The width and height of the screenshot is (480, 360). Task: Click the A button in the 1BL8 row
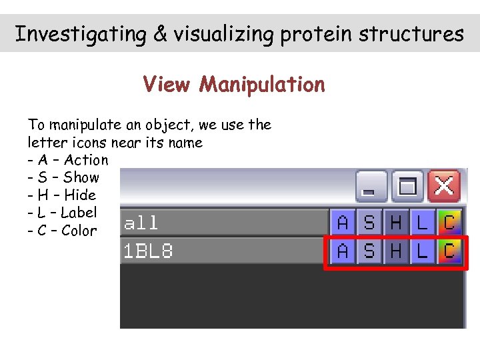pyautogui.click(x=343, y=251)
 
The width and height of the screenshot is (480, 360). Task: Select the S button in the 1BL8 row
pyautogui.click(x=369, y=251)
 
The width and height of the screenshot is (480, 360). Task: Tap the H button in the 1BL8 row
pyautogui.click(x=396, y=251)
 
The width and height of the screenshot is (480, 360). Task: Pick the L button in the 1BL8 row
pyautogui.click(x=422, y=251)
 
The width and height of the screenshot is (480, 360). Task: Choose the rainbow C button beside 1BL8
pyautogui.click(x=449, y=251)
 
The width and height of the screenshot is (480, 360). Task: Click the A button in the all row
pyautogui.click(x=343, y=222)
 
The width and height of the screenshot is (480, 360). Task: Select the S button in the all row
pyautogui.click(x=369, y=222)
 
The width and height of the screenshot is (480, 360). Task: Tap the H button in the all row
pyautogui.click(x=396, y=222)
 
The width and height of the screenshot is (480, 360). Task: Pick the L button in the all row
pyautogui.click(x=422, y=222)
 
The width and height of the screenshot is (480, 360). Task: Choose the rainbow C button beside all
pyautogui.click(x=449, y=222)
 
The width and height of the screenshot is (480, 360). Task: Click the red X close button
pyautogui.click(x=444, y=186)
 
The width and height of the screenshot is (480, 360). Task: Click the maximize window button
pyautogui.click(x=407, y=186)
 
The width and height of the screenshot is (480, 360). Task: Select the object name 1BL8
pyautogui.click(x=148, y=251)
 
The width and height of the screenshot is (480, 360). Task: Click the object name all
pyautogui.click(x=141, y=223)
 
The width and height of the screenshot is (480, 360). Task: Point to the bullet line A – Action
pyautogui.click(x=67, y=160)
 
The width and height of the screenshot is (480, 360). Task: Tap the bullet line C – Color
pyautogui.click(x=62, y=231)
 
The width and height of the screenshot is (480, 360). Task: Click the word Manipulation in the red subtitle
pyautogui.click(x=262, y=85)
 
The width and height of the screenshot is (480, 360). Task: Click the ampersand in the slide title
pyautogui.click(x=160, y=33)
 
